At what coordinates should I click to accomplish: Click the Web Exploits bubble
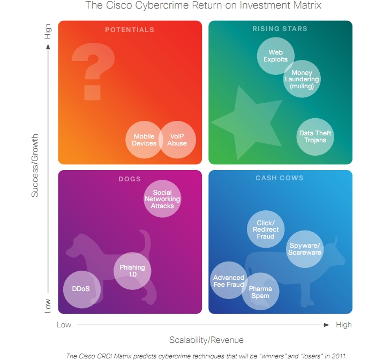(275, 56)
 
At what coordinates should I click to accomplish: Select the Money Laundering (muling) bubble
(302, 79)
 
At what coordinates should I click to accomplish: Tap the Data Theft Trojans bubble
(315, 137)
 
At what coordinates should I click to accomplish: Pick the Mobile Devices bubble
(144, 140)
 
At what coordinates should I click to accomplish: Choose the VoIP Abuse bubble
(178, 140)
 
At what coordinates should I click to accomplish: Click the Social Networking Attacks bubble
(162, 199)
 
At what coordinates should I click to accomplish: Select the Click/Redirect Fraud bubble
(266, 229)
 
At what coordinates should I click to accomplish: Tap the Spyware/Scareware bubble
(305, 249)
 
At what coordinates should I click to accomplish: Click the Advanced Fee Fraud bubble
(229, 280)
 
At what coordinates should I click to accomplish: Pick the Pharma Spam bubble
(260, 292)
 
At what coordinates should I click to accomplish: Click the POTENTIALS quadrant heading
(130, 30)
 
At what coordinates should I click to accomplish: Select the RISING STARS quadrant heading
(280, 29)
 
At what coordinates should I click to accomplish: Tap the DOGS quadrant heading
(130, 179)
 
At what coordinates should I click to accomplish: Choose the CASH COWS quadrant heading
(280, 178)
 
